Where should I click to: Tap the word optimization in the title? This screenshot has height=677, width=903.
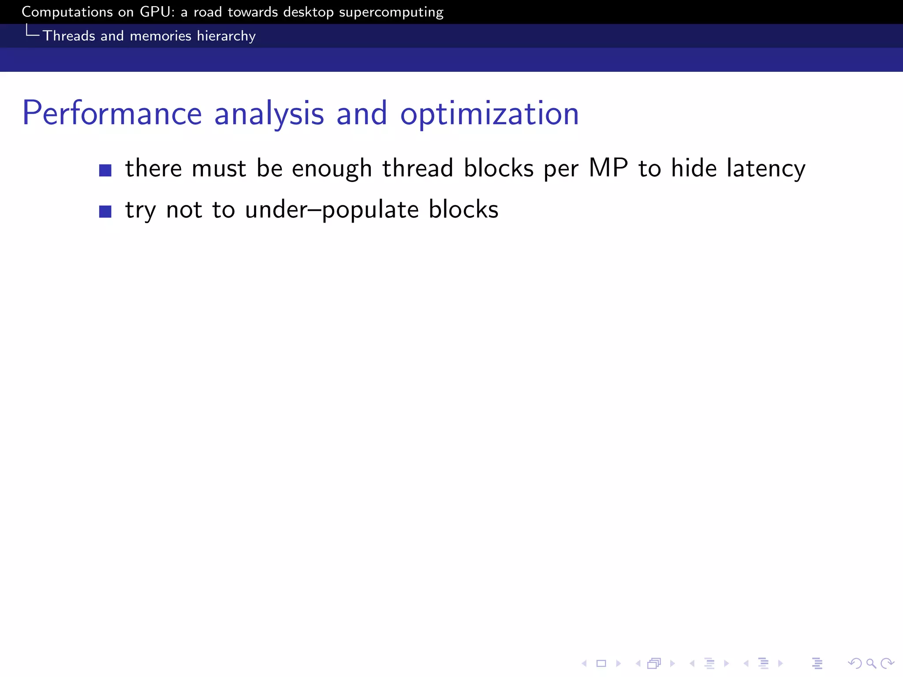click(489, 114)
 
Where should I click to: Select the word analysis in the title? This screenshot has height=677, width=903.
click(269, 114)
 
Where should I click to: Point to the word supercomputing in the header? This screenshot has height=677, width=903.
click(391, 12)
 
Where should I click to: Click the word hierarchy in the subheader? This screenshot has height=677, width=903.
click(226, 36)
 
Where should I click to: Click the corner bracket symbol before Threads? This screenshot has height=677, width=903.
click(32, 31)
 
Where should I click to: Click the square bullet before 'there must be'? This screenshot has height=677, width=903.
click(105, 170)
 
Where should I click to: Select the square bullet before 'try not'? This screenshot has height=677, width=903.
click(105, 212)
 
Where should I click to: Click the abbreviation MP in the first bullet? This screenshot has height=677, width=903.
click(608, 168)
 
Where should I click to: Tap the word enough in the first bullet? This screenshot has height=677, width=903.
click(332, 168)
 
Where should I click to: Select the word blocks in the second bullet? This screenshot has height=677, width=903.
click(463, 209)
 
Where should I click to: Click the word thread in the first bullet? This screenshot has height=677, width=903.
click(418, 168)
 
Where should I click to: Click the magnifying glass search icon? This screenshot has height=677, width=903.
click(871, 663)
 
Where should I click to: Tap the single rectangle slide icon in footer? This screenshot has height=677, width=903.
click(601, 663)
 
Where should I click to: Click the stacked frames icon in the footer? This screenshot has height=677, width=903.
click(654, 663)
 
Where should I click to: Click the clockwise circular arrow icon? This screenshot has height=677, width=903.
click(887, 663)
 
